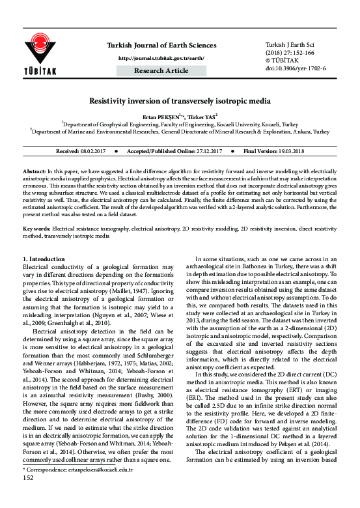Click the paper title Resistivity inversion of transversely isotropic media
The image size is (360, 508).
(180, 102)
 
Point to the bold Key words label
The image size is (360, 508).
(36, 229)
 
